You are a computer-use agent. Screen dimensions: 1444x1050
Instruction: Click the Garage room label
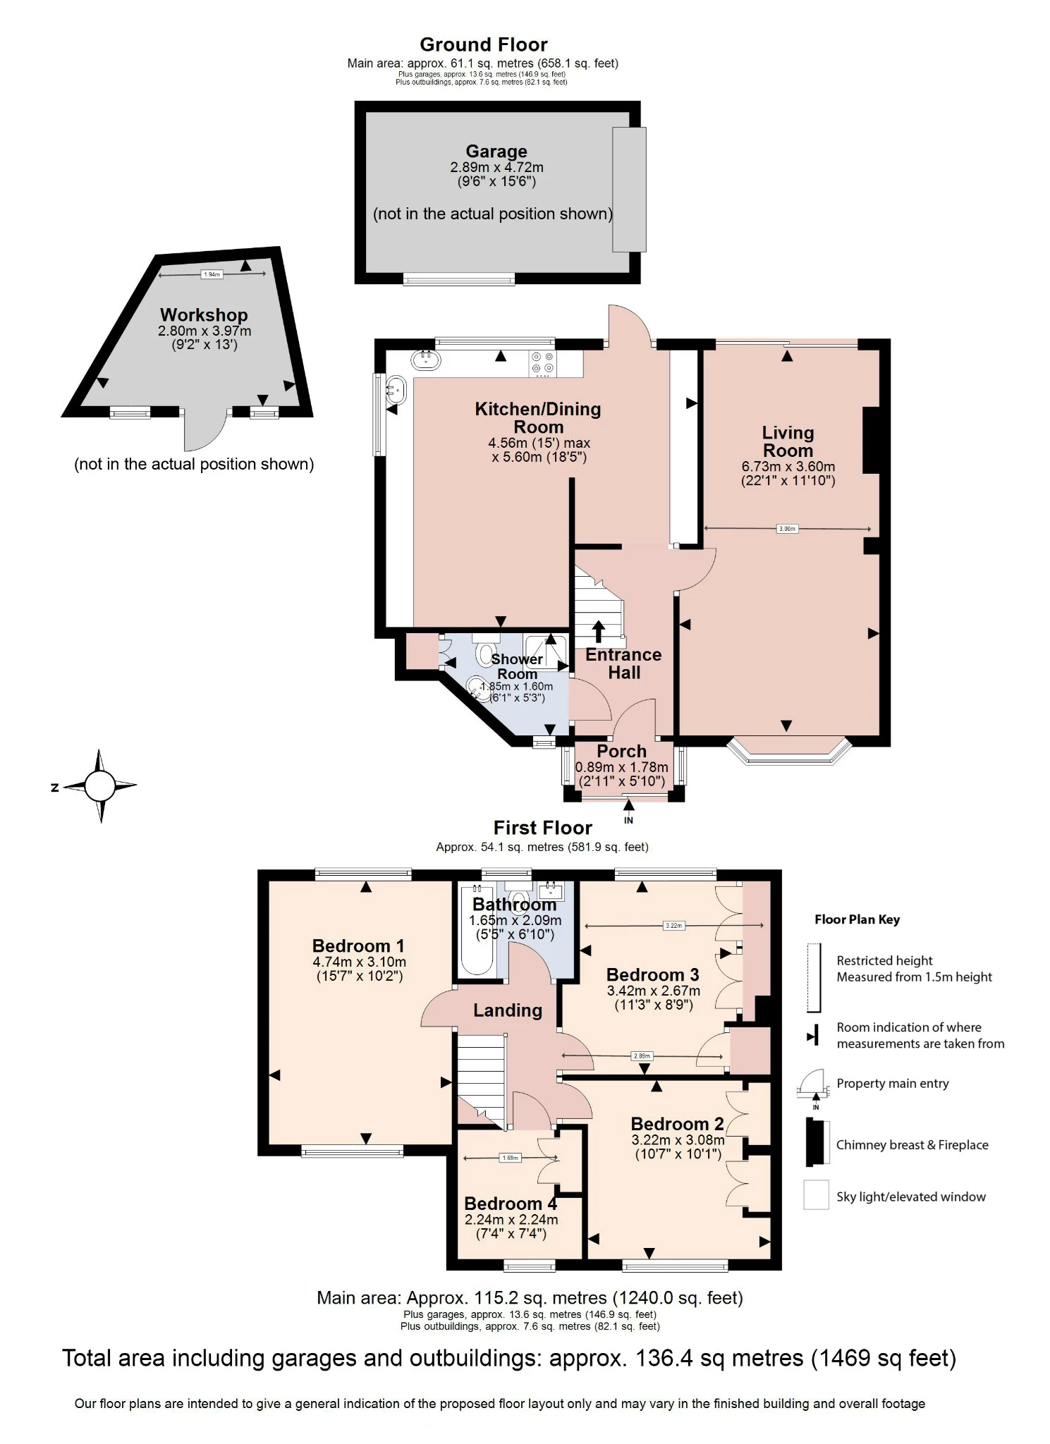pyautogui.click(x=496, y=152)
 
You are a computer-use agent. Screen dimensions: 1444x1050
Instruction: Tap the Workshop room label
pyautogui.click(x=204, y=315)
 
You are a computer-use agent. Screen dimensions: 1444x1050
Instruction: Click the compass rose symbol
pyautogui.click(x=99, y=785)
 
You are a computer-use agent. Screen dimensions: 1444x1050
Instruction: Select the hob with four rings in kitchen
pyautogui.click(x=543, y=363)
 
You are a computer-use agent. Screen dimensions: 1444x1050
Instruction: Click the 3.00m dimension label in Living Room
pyautogui.click(x=787, y=529)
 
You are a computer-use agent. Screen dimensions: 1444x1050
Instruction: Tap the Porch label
pyautogui.click(x=621, y=752)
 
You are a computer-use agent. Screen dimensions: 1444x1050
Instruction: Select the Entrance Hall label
pyautogui.click(x=623, y=663)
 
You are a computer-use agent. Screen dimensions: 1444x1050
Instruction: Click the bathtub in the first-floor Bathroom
pyautogui.click(x=477, y=932)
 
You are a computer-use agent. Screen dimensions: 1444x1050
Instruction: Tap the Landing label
pyautogui.click(x=508, y=1010)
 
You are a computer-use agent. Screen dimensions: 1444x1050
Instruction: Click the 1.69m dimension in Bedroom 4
pyautogui.click(x=509, y=1158)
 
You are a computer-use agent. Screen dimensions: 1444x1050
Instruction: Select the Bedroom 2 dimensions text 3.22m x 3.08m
pyautogui.click(x=678, y=1140)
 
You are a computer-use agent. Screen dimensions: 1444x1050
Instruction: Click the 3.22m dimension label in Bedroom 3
pyautogui.click(x=673, y=926)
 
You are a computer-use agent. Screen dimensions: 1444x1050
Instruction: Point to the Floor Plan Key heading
pyautogui.click(x=857, y=919)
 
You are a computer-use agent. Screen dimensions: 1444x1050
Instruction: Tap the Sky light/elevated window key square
pyautogui.click(x=816, y=1196)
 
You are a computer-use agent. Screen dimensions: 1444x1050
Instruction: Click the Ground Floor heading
pyautogui.click(x=483, y=44)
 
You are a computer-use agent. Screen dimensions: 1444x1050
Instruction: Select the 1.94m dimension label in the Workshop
pyautogui.click(x=212, y=274)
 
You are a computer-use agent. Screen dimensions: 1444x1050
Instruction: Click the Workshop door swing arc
pyautogui.click(x=204, y=434)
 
